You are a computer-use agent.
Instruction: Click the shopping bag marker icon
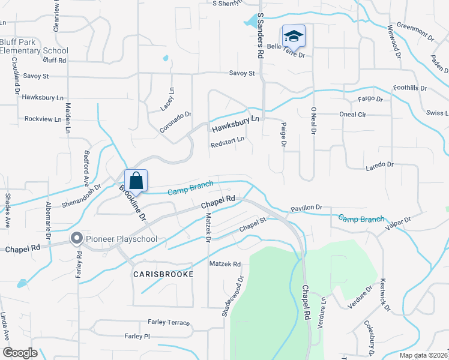[x=136, y=180]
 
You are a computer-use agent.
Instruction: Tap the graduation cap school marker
[x=293, y=35]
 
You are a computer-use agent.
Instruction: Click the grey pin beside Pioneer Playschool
[x=76, y=239]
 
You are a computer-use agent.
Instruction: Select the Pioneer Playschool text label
[x=121, y=239]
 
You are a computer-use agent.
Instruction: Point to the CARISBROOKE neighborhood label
[x=163, y=274]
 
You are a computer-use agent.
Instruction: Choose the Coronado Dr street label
[x=175, y=122]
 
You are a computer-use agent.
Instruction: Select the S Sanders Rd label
[x=261, y=36]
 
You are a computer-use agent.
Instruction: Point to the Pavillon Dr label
[x=306, y=208]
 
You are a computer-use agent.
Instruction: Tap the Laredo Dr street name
[x=379, y=164]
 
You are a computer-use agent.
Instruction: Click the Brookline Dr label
[x=133, y=203]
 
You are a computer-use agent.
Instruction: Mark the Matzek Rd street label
[x=224, y=264]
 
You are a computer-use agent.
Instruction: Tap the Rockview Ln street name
[x=43, y=119]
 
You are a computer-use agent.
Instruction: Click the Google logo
[x=20, y=353]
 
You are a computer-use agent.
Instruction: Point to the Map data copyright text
[x=423, y=355]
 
